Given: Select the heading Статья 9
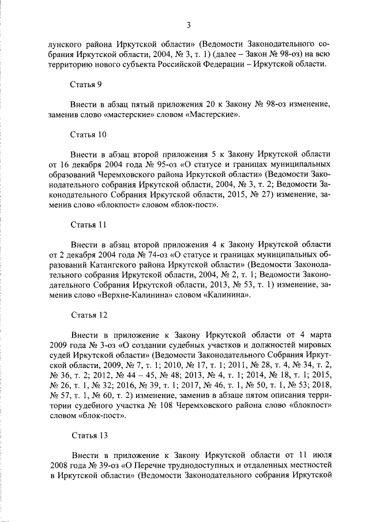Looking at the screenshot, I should [86, 84].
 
